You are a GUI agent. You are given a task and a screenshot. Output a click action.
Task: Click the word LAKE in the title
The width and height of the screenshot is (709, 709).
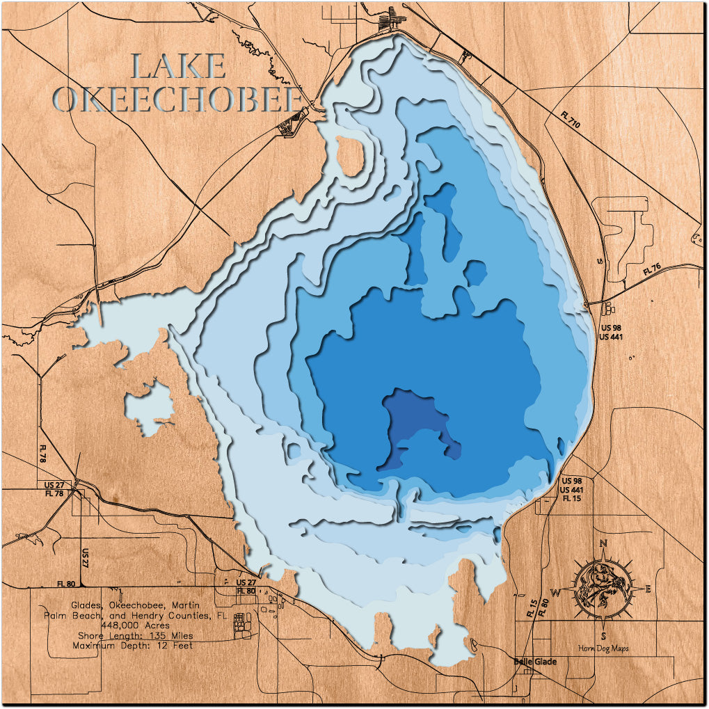(x=178, y=67)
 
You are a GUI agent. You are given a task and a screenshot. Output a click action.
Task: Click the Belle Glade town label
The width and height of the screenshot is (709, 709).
(x=534, y=661)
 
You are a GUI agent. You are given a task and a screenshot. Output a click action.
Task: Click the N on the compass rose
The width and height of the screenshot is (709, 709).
(x=604, y=544)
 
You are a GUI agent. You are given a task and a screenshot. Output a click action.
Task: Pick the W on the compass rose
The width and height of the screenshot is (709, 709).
(x=556, y=592)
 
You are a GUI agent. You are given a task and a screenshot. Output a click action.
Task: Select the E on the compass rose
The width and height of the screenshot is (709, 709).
(x=648, y=589)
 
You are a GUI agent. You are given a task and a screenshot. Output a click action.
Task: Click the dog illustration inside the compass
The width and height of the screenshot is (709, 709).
(x=602, y=589)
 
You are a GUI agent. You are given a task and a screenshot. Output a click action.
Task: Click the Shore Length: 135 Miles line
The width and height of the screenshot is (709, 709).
(x=135, y=635)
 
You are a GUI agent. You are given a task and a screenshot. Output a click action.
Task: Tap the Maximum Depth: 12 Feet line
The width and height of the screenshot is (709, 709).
(x=132, y=645)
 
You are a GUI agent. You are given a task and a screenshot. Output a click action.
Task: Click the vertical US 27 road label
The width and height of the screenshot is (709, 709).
(x=85, y=557)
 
